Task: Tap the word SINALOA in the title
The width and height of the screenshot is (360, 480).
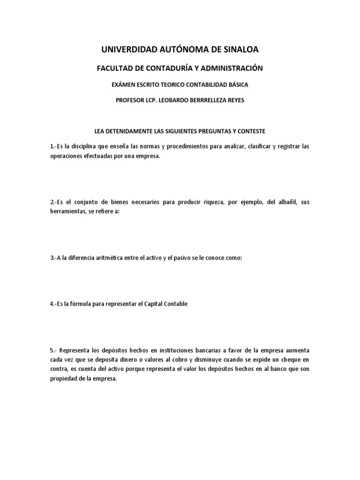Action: [x=239, y=49]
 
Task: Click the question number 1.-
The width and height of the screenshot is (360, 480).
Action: [x=53, y=147]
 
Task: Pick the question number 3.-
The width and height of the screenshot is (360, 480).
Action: [x=53, y=250]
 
